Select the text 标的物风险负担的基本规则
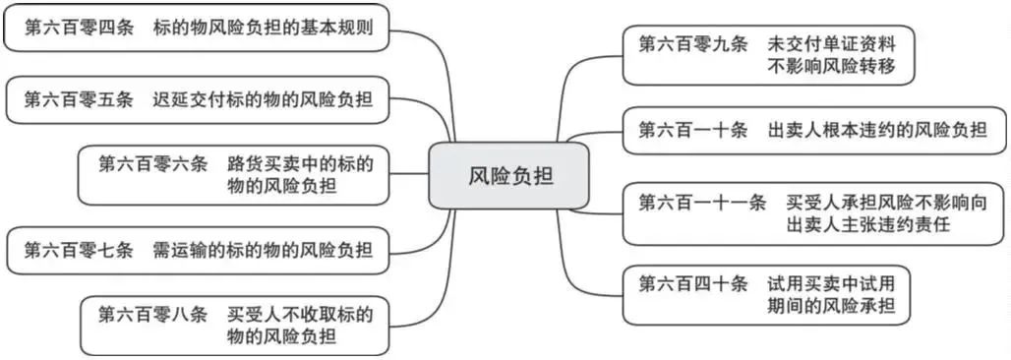click(x=263, y=28)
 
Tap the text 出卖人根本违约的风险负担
click(x=878, y=129)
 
